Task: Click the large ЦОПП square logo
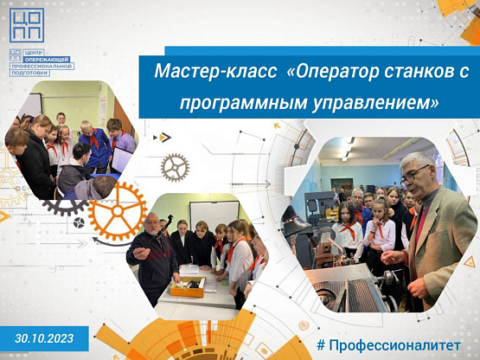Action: (27, 25)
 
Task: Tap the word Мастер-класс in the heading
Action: (216, 71)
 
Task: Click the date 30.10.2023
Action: (44, 338)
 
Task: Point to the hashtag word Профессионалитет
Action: (395, 345)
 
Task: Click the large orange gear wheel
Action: (118, 211)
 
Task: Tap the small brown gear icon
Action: (175, 167)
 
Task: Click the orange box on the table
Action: (188, 286)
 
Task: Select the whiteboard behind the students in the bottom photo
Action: (214, 215)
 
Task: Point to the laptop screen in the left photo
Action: (121, 160)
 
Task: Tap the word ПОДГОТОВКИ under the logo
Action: (30, 73)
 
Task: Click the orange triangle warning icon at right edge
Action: (469, 262)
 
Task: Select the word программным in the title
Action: (244, 103)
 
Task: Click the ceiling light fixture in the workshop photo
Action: (347, 149)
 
